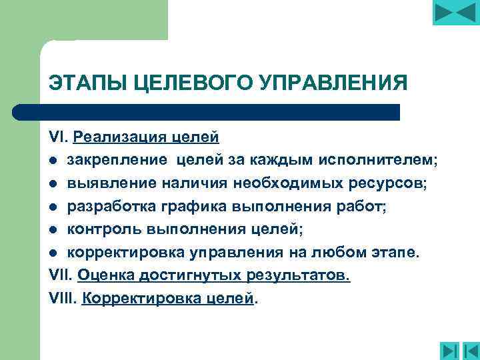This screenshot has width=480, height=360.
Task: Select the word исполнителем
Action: [378, 160]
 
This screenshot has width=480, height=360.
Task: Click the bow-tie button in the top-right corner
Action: [456, 13]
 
